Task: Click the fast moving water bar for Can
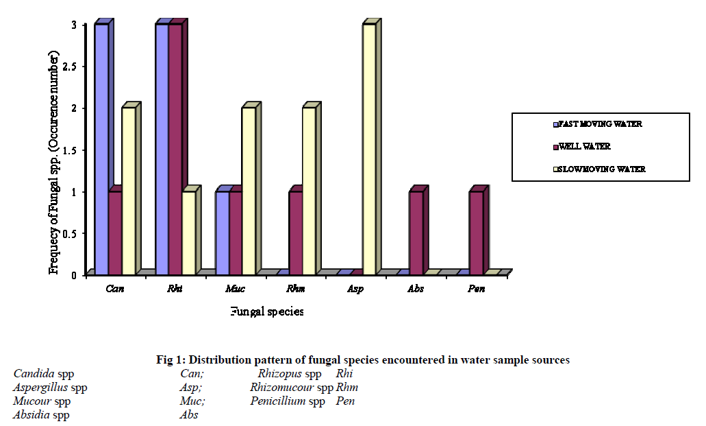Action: point(101,149)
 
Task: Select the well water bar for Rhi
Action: point(175,149)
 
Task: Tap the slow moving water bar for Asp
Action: point(370,149)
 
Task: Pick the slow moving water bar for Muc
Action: point(249,191)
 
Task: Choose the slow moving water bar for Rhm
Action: point(310,191)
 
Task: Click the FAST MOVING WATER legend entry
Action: point(600,124)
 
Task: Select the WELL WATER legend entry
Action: point(584,146)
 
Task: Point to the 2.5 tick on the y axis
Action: point(73,67)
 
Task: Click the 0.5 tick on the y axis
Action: point(73,233)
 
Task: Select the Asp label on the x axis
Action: point(355,289)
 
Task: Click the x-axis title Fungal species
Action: point(266,311)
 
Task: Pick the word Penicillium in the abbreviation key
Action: point(278,401)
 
